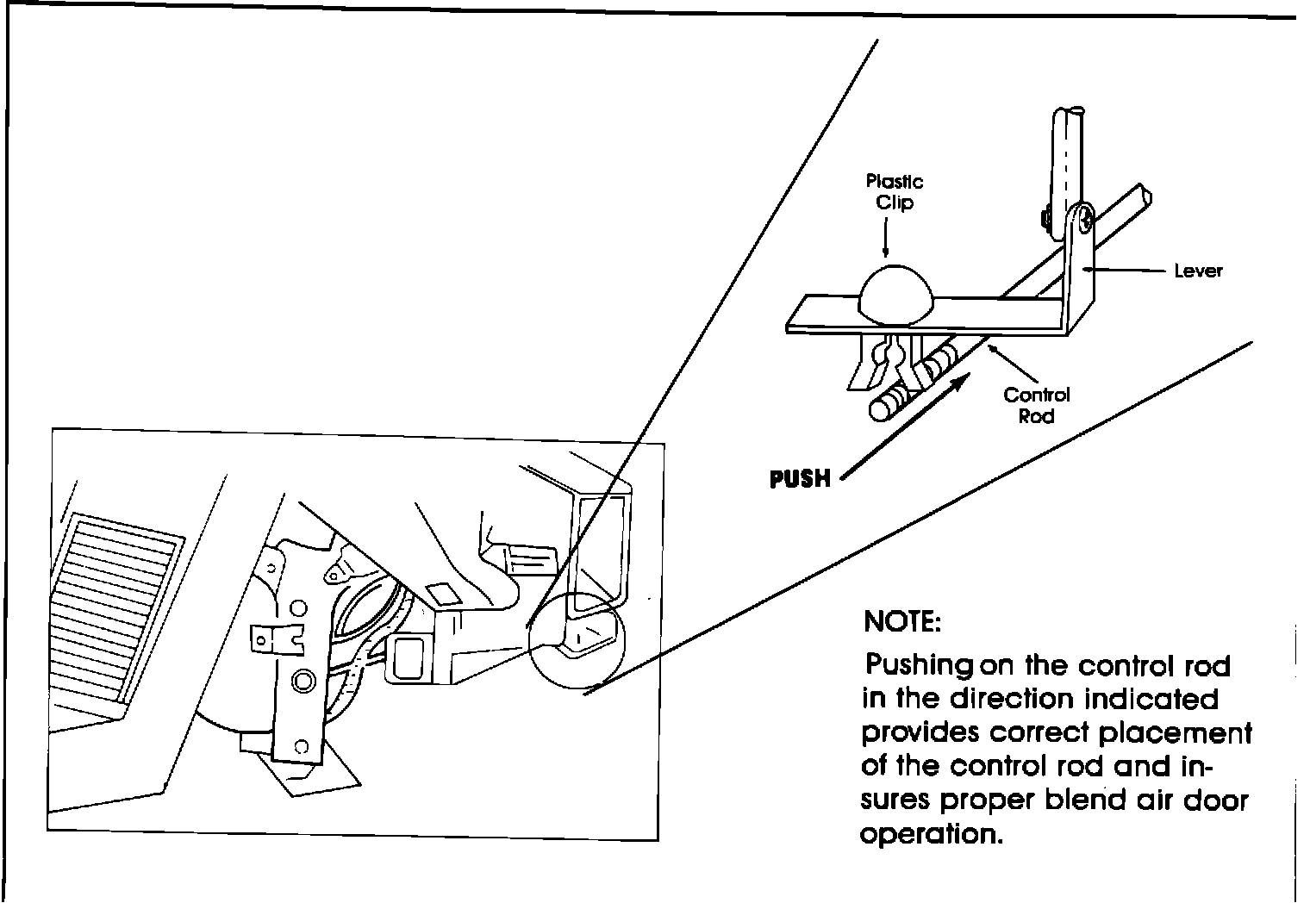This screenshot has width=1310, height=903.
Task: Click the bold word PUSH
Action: pos(801,478)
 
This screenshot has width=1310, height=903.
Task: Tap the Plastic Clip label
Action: pos(894,192)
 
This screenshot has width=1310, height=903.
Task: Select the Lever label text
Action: pos(1198,271)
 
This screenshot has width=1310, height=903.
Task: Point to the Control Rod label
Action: pos(1036,405)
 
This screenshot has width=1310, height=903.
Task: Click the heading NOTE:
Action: pos(902,621)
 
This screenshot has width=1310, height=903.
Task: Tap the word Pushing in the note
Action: pos(919,666)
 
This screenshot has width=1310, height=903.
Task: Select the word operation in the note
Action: pos(933,835)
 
